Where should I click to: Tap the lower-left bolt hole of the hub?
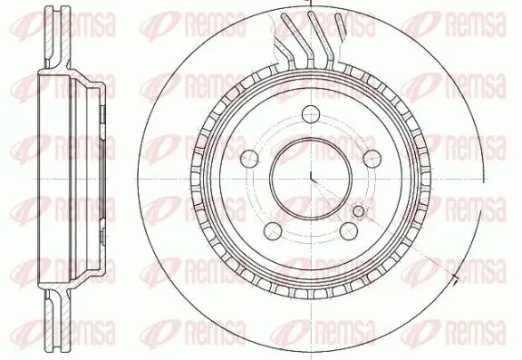coord(270,229)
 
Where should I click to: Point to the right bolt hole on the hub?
coord(372,156)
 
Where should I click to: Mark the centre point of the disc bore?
coord(309,178)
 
